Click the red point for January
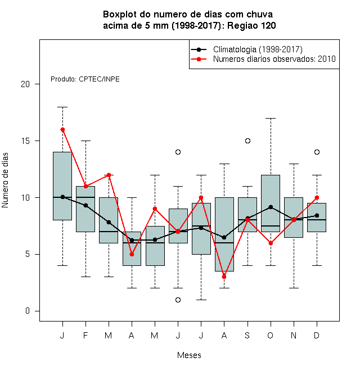coord(62,129)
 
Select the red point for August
coord(224,277)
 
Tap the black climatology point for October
coord(271,207)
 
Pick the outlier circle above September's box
coord(247,141)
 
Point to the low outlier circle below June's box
coord(178,300)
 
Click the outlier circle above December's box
coord(317,152)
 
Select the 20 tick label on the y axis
coord(25,84)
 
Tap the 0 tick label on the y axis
coord(28,311)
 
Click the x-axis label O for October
coord(270,335)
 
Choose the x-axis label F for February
coord(85,335)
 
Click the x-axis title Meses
coord(189,355)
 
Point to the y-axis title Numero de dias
coord(5,180)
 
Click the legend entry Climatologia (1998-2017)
coord(258,49)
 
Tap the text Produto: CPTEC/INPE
coord(85,79)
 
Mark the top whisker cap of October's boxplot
coord(271,118)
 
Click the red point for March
coord(109,175)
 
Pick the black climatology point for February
coord(85,205)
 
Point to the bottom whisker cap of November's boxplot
coord(294,288)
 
